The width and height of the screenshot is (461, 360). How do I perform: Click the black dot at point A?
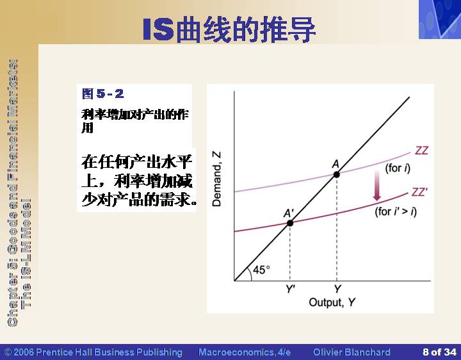[337, 175]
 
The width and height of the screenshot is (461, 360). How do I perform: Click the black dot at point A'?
[290, 223]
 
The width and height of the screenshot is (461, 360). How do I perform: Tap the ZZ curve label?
[421, 151]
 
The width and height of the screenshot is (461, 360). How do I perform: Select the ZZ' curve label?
[419, 192]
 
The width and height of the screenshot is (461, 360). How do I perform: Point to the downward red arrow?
[377, 185]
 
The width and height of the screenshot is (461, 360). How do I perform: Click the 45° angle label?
[261, 270]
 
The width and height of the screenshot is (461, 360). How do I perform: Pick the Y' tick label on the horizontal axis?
[290, 289]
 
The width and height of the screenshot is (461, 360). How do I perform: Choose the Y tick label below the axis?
[337, 289]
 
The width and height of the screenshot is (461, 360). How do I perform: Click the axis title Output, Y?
[332, 302]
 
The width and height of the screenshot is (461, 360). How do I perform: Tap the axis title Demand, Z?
[216, 179]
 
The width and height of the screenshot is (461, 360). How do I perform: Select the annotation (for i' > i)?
[396, 211]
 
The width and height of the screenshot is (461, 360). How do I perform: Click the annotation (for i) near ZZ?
[398, 168]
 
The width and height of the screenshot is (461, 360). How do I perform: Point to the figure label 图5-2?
[103, 94]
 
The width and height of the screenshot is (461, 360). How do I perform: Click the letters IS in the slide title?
[158, 29]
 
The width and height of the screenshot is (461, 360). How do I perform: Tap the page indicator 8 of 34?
[439, 352]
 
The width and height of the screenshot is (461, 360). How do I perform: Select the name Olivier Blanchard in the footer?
[352, 352]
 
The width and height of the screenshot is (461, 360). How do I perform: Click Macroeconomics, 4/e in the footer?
[245, 352]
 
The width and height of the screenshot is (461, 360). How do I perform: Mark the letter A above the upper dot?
[336, 164]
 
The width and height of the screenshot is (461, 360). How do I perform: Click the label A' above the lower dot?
[288, 213]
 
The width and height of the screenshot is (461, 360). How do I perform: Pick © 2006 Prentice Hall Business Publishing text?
[93, 352]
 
